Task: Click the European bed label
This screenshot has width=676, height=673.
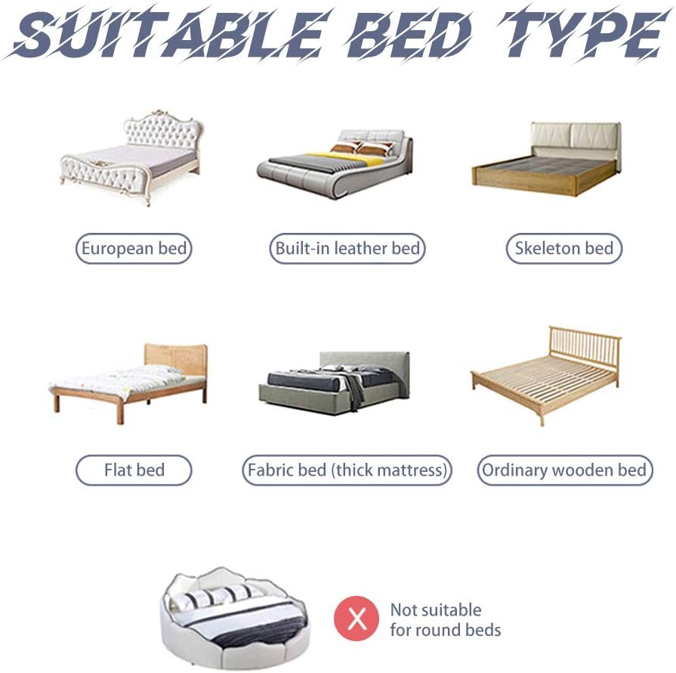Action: pyautogui.click(x=134, y=248)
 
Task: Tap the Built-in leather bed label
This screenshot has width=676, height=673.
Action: pyautogui.click(x=347, y=248)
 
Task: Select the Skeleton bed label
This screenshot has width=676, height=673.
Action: pyautogui.click(x=563, y=248)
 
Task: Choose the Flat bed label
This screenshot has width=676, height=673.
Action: pyautogui.click(x=134, y=470)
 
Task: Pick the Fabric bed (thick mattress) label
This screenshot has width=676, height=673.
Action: pyautogui.click(x=347, y=470)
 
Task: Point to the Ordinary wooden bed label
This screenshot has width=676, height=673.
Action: pyautogui.click(x=564, y=470)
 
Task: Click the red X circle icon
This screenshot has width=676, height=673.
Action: pyautogui.click(x=357, y=619)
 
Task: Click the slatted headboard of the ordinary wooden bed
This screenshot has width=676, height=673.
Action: pyautogui.click(x=585, y=349)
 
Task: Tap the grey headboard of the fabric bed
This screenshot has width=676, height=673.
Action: pyautogui.click(x=365, y=361)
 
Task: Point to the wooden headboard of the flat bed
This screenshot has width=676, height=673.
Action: pyautogui.click(x=175, y=358)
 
